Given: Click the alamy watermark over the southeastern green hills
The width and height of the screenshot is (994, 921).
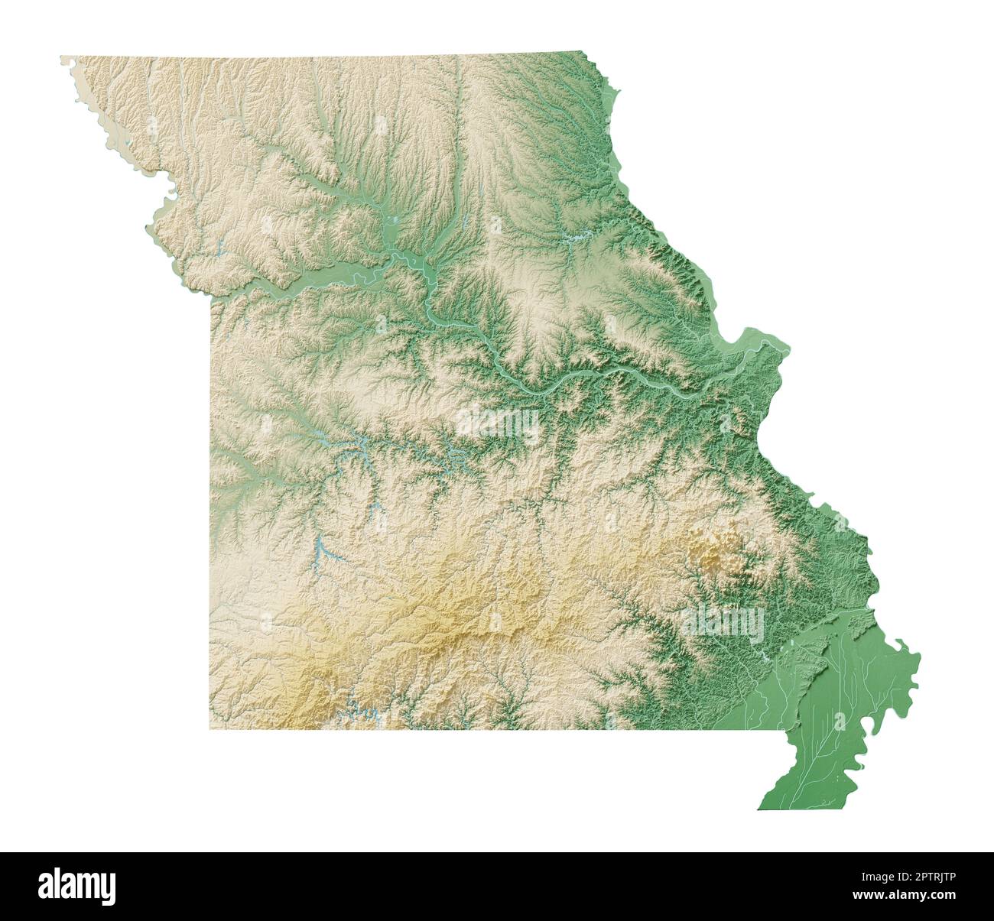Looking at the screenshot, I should pos(723,623).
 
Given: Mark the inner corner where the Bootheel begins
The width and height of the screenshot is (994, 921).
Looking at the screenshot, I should pos(788,731).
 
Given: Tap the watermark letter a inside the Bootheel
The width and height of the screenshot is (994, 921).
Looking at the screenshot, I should pos(840,720).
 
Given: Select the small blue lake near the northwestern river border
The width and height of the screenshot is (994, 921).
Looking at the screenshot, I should pos(223,248).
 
